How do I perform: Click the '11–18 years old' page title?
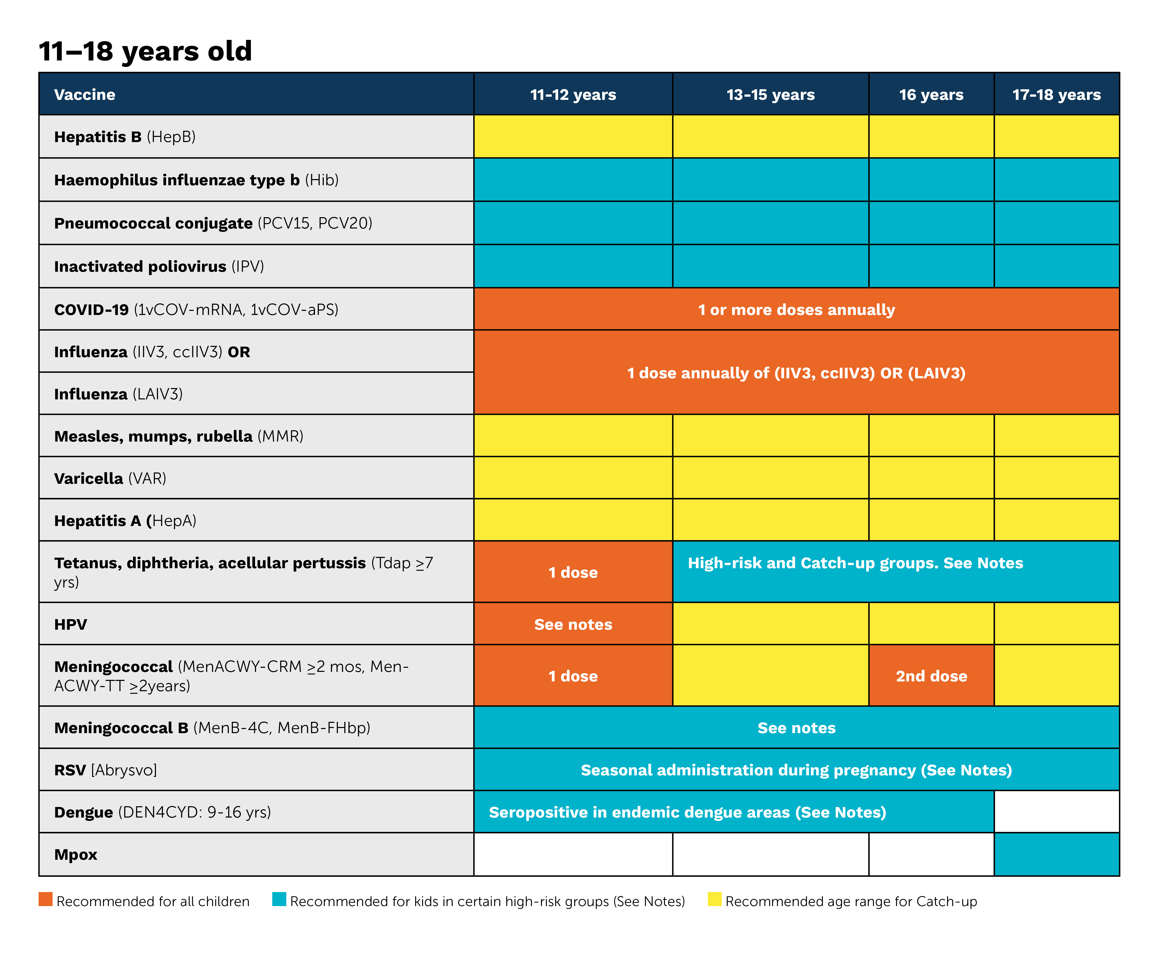[x=145, y=51]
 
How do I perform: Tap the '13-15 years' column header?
[x=770, y=95]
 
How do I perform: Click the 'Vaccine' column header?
[x=85, y=95]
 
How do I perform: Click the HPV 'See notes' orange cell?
[x=573, y=624]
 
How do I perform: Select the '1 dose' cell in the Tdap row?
[x=573, y=572]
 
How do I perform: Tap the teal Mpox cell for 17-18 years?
[x=1057, y=854]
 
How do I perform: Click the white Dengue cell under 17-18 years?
[x=1057, y=812]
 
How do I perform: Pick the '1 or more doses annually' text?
[x=796, y=310]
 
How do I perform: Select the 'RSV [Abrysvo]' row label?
[x=105, y=770]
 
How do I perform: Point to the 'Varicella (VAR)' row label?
[x=110, y=478]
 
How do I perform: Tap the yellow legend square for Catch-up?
[x=715, y=899]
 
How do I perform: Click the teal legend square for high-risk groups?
[x=279, y=899]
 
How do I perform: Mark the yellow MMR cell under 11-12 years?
[x=573, y=436]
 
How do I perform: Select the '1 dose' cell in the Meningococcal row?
[x=573, y=676]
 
